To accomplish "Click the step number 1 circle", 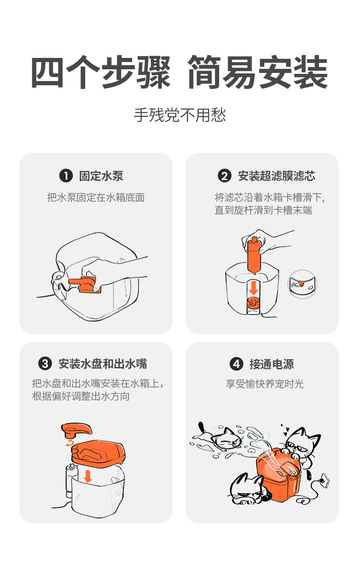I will [66, 176].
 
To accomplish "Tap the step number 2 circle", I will [224, 176].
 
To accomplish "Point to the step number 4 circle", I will [236, 364].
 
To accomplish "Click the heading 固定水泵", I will [101, 176].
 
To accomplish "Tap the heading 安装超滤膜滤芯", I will [276, 176].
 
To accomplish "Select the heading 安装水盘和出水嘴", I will [103, 364].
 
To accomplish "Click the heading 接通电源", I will [272, 364].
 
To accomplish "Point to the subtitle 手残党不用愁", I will [180, 115].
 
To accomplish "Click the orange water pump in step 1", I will [84, 284].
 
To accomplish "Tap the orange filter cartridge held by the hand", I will [253, 255].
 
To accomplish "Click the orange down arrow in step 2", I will [253, 287].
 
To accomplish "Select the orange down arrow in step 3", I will [88, 476].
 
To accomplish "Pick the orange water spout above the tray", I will [76, 429].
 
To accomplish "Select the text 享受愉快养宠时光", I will [265, 384].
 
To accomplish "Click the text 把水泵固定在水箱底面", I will [96, 197].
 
